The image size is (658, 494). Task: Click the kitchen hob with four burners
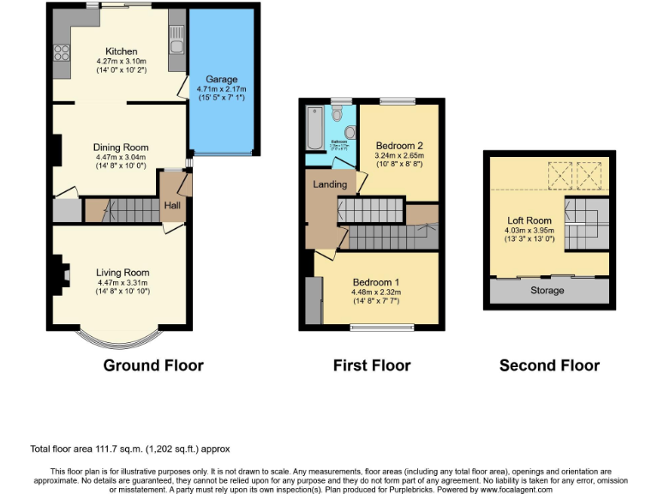pyautogui.click(x=62, y=55)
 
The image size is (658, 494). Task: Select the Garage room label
pyautogui.click(x=221, y=79)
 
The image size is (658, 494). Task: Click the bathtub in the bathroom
pyautogui.click(x=313, y=130)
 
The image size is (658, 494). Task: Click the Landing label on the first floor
pyautogui.click(x=330, y=184)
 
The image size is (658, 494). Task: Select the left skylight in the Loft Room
pyautogui.click(x=560, y=176)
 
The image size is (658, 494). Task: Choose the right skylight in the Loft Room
pyautogui.click(x=590, y=176)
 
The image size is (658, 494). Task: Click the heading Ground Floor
pyautogui.click(x=153, y=365)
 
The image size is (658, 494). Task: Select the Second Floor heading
pyautogui.click(x=549, y=365)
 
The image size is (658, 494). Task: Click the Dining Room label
pyautogui.click(x=122, y=148)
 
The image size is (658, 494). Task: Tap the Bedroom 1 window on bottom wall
pyautogui.click(x=381, y=326)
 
